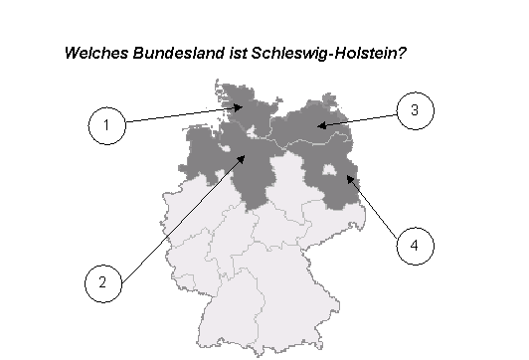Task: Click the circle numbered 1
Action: pos(106,125)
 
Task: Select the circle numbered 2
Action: pos(102,281)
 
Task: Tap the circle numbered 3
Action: pos(415,110)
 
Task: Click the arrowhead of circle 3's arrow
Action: pos(317,126)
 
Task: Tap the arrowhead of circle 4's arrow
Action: pos(346,177)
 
